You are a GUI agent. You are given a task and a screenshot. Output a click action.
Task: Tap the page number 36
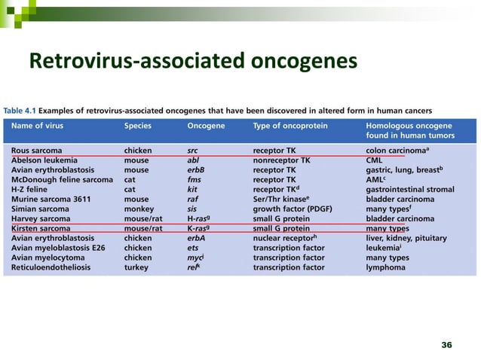tap(446, 344)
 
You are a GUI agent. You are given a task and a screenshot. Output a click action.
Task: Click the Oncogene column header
tap(205, 126)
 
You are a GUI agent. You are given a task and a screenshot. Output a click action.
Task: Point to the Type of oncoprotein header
tap(289, 126)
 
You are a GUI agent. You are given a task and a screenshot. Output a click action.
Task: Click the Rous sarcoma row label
tap(36, 151)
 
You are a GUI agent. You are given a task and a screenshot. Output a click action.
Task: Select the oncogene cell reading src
tap(192, 151)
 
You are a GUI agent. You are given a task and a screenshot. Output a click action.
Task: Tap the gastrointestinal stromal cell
tap(412, 190)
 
